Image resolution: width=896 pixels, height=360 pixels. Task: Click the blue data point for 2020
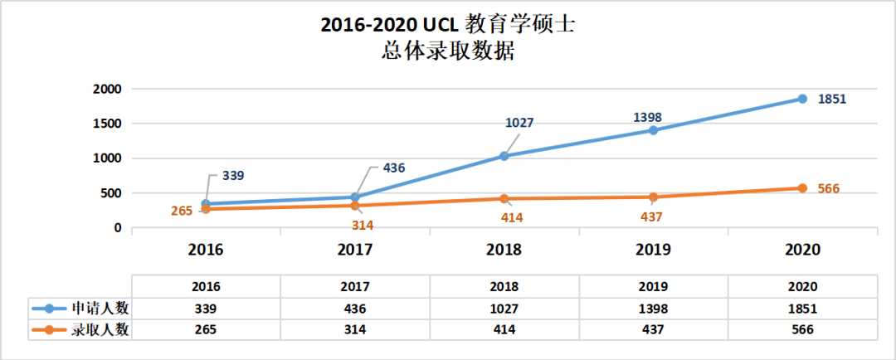coord(802,99)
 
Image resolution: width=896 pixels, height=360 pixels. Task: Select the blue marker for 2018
coord(504,156)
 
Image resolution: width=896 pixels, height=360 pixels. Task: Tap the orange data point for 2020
coord(802,188)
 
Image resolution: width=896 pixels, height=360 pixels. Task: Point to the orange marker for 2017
coord(355,206)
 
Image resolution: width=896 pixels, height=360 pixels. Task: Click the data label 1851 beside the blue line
coord(832,99)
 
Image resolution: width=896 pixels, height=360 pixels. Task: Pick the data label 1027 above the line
coord(519,123)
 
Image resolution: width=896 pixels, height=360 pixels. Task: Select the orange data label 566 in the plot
coord(829,188)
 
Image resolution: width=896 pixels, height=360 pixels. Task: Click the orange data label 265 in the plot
coord(182,211)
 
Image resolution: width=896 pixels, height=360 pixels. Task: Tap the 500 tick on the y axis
coord(110,193)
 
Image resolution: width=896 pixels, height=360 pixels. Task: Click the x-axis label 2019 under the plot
coord(653,250)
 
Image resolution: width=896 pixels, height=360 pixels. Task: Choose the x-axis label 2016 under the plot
coord(206,250)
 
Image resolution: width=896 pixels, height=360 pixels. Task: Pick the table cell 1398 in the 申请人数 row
coord(653,308)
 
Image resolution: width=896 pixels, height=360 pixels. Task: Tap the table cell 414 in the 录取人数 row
coord(504,329)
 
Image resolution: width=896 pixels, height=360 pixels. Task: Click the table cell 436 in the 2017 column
coord(355,308)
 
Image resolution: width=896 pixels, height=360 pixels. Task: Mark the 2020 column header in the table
coord(802,286)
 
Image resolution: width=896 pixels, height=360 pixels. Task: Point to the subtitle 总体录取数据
coord(448,52)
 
